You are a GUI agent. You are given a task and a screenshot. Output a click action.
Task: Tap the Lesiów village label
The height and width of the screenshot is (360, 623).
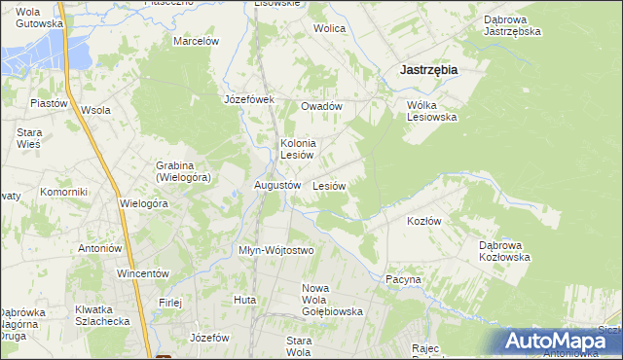[330, 185]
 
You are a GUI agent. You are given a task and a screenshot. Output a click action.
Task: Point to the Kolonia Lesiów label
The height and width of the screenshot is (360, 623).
[296, 148]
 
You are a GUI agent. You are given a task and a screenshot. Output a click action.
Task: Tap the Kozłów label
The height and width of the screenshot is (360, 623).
[424, 221]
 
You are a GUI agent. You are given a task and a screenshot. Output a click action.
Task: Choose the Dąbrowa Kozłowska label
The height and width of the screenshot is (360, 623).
[503, 251]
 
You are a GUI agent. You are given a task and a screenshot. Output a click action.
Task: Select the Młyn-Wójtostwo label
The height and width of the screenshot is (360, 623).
[276, 250]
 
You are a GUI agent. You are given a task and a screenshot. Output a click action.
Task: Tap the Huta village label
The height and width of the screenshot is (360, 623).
[244, 300]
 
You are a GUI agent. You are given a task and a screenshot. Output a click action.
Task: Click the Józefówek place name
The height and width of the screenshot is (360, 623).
[250, 99]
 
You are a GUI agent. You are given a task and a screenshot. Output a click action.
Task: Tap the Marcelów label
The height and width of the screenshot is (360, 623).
[196, 41]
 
